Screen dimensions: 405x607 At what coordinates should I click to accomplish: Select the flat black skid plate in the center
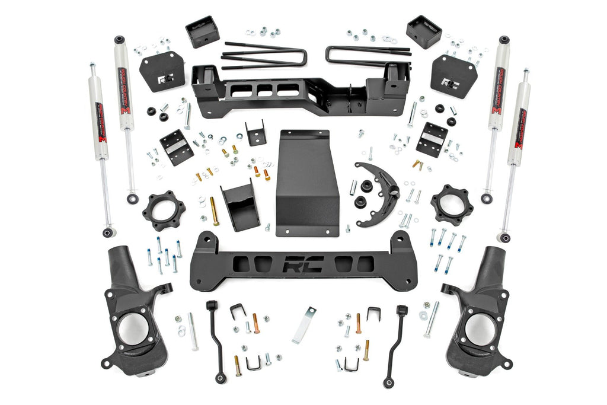point(306,184)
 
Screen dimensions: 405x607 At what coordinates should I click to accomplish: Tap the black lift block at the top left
point(202,31)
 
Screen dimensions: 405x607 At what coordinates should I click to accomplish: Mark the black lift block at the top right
point(424,31)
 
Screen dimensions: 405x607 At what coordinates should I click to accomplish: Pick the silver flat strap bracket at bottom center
point(304,324)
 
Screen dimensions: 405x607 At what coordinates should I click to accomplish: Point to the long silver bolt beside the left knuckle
point(193,331)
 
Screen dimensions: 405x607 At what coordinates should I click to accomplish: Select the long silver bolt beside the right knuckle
point(432,319)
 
